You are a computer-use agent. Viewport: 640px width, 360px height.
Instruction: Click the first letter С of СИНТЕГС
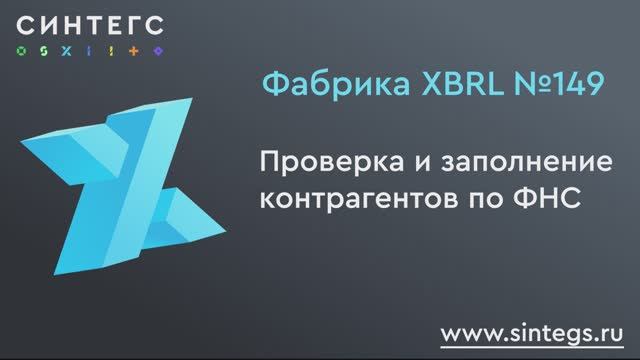tap(26, 23)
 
